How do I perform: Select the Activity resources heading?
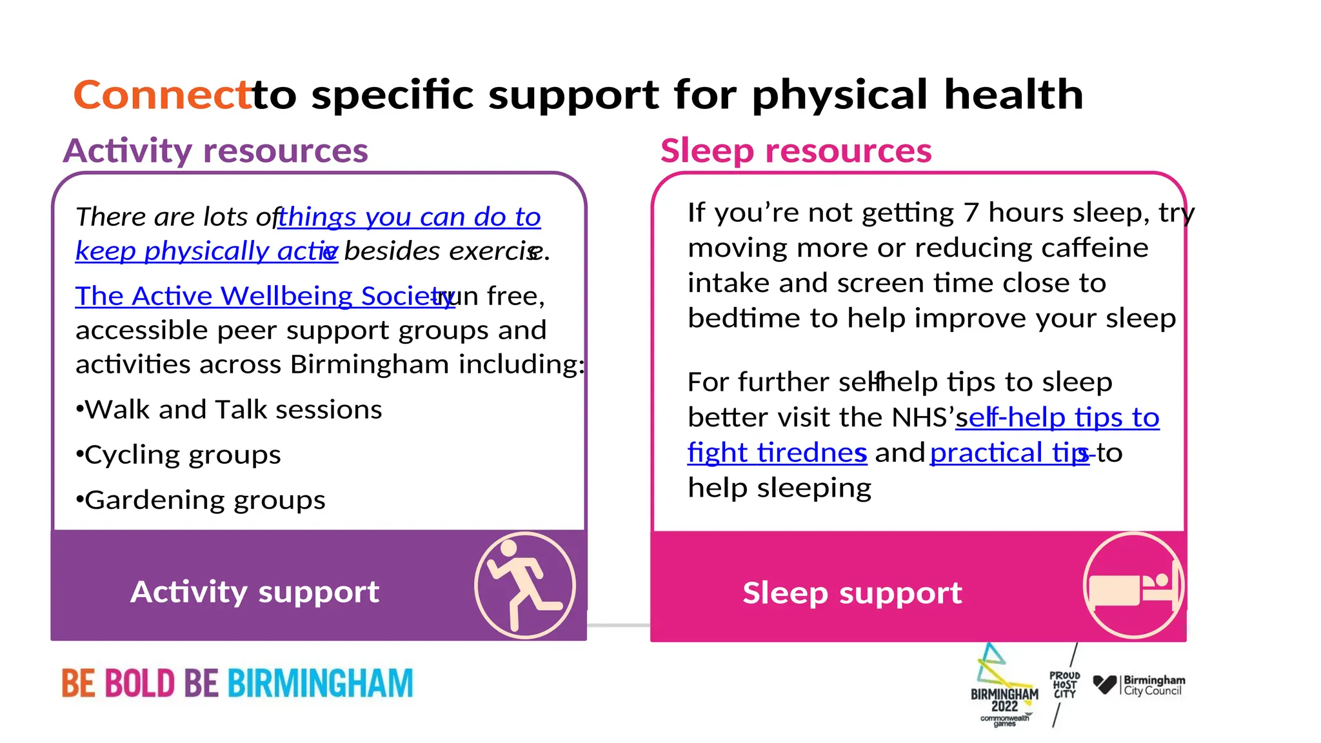click(215, 151)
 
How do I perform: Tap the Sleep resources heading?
click(796, 151)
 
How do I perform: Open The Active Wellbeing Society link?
click(264, 296)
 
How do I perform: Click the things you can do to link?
click(409, 217)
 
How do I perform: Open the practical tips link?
click(1009, 453)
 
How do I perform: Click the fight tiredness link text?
click(777, 453)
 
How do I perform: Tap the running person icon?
click(524, 585)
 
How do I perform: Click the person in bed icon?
click(1133, 585)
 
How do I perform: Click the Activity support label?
click(255, 591)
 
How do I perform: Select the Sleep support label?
click(852, 593)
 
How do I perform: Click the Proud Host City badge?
click(1064, 685)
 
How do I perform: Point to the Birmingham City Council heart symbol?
click(1104, 684)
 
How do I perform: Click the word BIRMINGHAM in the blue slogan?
click(320, 684)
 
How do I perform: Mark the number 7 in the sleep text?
click(971, 213)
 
